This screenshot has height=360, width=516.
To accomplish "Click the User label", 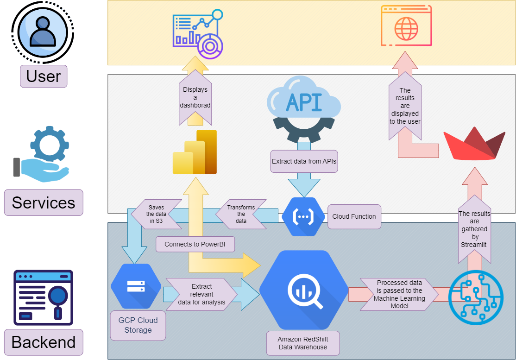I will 44,76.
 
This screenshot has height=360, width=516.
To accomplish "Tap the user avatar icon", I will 43,32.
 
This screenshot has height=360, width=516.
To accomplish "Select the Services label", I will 44,202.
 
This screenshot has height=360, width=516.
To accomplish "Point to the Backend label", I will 44,342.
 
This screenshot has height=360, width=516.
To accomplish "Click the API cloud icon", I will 304,109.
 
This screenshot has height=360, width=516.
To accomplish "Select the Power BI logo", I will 195,152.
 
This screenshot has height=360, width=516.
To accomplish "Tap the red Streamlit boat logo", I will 474,144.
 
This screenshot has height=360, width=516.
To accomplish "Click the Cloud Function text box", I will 354,216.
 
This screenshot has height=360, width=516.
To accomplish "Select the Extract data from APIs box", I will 304,162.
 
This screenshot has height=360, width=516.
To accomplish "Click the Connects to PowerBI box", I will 195,244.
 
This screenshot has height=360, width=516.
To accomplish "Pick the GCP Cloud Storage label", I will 138,325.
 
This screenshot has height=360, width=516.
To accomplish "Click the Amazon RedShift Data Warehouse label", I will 303,343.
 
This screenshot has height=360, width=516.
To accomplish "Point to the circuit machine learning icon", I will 476,295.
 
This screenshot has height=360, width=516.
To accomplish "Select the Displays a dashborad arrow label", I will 195,98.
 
